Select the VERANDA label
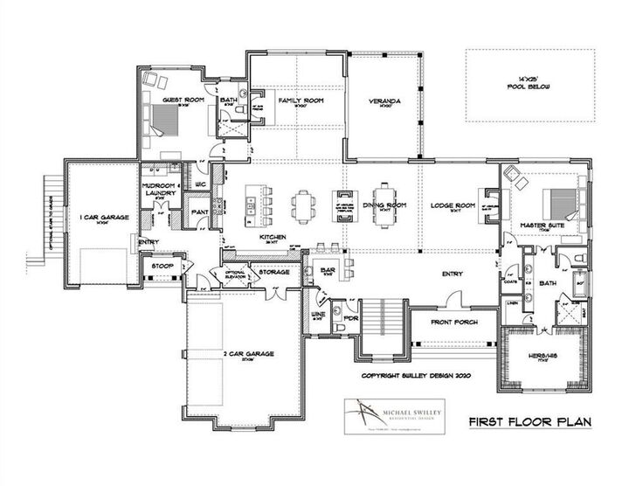click(384, 101)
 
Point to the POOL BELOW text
click(530, 88)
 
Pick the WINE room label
click(318, 318)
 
